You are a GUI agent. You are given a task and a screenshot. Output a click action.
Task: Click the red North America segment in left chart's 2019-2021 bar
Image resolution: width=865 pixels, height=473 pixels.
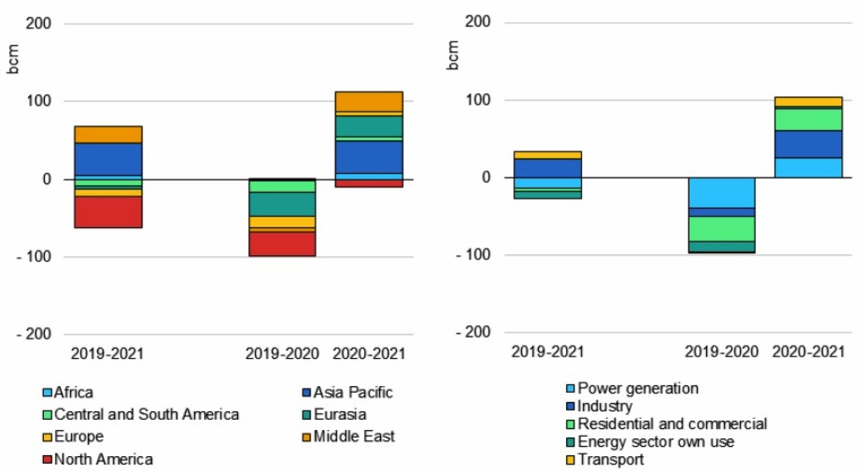(108, 212)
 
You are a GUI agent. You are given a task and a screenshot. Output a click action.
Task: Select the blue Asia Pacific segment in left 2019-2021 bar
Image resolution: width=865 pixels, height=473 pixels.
(108, 160)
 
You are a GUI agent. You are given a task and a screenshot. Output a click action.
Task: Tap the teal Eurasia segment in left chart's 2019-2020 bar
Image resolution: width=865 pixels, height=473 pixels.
(282, 204)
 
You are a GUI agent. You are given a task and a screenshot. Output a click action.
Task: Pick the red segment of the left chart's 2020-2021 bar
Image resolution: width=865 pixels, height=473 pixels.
(369, 183)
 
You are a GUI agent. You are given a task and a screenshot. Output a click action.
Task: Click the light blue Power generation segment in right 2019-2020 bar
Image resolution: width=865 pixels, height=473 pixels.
(721, 193)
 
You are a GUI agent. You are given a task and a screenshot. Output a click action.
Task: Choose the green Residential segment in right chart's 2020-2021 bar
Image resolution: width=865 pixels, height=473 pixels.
(808, 120)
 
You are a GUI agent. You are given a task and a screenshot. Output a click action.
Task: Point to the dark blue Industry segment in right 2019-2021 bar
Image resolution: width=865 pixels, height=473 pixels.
(547, 169)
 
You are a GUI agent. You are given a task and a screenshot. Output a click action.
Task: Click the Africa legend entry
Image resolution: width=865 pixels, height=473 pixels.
(68, 393)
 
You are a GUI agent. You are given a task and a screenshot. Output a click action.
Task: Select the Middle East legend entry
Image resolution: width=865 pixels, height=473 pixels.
(348, 437)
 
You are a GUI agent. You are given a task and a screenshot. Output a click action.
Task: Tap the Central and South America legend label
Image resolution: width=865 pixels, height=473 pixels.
(147, 415)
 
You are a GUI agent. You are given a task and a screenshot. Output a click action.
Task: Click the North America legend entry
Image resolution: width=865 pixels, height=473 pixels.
(98, 459)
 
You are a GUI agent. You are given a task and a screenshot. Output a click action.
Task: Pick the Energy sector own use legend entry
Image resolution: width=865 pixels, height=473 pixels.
(650, 442)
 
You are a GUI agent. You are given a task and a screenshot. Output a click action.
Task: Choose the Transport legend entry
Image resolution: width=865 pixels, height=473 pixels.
(605, 459)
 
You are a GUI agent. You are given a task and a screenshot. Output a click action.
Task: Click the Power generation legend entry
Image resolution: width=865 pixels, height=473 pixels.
(632, 389)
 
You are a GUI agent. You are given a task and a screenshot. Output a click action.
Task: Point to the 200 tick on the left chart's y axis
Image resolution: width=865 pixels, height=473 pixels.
(39, 24)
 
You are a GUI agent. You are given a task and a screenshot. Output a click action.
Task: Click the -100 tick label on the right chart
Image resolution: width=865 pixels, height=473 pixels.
(473, 255)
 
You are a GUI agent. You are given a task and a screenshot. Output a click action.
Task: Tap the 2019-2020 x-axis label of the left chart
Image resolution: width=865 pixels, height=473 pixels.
(282, 353)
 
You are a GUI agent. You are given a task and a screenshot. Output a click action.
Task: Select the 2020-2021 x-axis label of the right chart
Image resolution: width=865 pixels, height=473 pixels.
(808, 351)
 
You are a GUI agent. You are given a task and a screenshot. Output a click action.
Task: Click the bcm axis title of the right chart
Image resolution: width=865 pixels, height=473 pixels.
(453, 55)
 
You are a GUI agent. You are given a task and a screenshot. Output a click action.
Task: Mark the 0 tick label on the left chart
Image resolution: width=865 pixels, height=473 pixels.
(46, 179)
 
